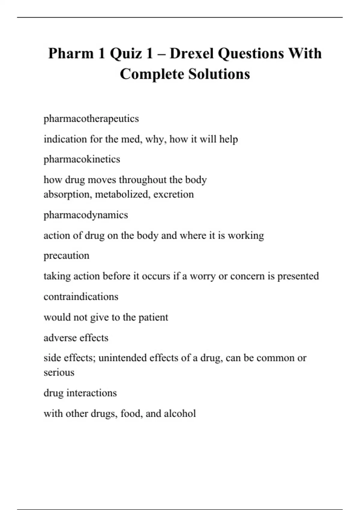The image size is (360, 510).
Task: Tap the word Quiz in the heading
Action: [x=126, y=54]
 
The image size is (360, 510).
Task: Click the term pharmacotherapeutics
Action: [x=91, y=119]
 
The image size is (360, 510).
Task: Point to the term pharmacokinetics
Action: [x=82, y=159]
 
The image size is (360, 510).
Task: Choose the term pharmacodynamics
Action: [x=86, y=215]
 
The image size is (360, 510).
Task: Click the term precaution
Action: [x=67, y=256]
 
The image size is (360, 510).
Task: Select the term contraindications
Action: [x=81, y=297]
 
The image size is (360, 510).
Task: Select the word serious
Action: [x=59, y=373]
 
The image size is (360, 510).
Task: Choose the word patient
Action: [x=153, y=317]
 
